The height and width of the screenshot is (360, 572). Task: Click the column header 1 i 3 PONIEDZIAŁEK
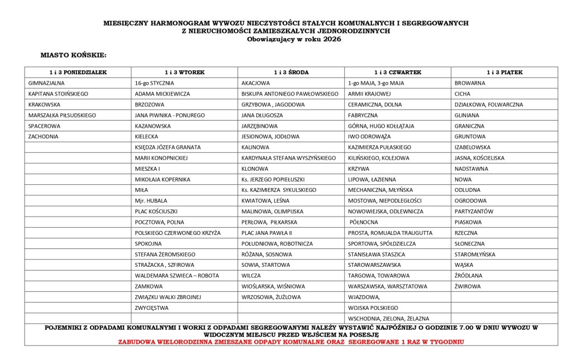click(78, 73)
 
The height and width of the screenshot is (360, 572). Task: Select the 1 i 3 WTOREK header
click(184, 73)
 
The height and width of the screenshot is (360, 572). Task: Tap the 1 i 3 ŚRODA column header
click(291, 73)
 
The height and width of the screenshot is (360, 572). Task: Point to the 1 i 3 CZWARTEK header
click(398, 73)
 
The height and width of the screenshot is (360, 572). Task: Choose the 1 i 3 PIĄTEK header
click(504, 73)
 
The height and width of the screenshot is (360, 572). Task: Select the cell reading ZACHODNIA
click(43, 136)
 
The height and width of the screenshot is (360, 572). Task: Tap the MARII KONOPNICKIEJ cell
click(161, 158)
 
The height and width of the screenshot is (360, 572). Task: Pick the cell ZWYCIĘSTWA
click(151, 308)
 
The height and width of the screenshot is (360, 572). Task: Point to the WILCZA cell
click(251, 276)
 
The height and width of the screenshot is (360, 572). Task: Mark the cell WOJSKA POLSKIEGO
click(373, 308)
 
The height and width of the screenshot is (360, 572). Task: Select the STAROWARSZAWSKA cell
click(374, 265)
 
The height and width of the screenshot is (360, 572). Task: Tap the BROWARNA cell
click(470, 83)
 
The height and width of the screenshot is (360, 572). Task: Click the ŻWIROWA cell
click(468, 286)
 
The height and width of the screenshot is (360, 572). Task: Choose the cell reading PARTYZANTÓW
click(474, 212)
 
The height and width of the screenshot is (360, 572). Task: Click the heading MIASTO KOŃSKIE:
click(73, 55)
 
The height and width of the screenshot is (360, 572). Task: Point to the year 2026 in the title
click(331, 39)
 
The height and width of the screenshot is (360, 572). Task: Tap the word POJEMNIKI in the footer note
click(64, 328)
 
